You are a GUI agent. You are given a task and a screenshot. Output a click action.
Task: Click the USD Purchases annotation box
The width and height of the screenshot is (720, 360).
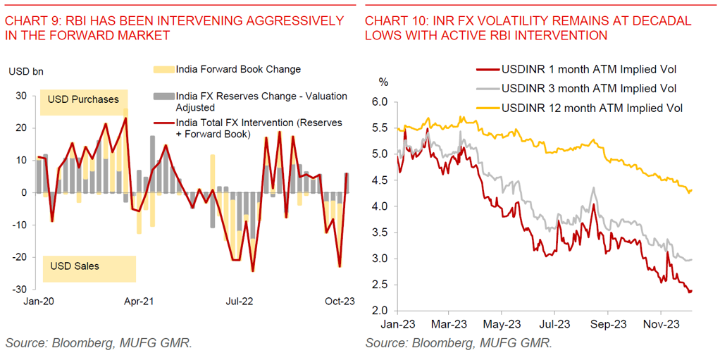point(83,99)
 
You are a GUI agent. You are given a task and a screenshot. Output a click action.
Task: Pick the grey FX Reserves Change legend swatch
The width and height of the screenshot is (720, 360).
point(163,96)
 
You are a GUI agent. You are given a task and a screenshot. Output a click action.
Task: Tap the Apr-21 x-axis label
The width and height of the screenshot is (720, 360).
point(139,301)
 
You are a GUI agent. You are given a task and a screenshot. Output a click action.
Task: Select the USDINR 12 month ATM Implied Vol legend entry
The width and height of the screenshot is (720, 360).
point(591,108)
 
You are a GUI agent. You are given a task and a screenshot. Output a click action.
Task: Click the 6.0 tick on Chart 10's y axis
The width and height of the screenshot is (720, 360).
point(379,102)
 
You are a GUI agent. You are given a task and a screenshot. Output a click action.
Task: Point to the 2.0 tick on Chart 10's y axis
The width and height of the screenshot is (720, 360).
point(379,311)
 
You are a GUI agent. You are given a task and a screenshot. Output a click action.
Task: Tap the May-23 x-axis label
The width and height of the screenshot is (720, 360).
point(501,325)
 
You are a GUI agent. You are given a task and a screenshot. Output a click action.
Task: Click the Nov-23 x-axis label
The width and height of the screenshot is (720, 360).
point(661,325)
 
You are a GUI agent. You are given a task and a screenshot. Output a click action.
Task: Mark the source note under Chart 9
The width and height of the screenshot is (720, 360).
point(99,343)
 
